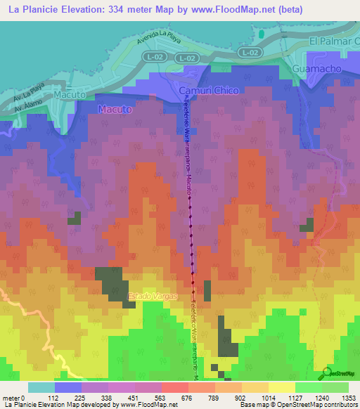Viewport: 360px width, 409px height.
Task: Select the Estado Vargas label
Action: click(148, 297)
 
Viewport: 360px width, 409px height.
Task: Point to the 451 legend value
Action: click(123, 398)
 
